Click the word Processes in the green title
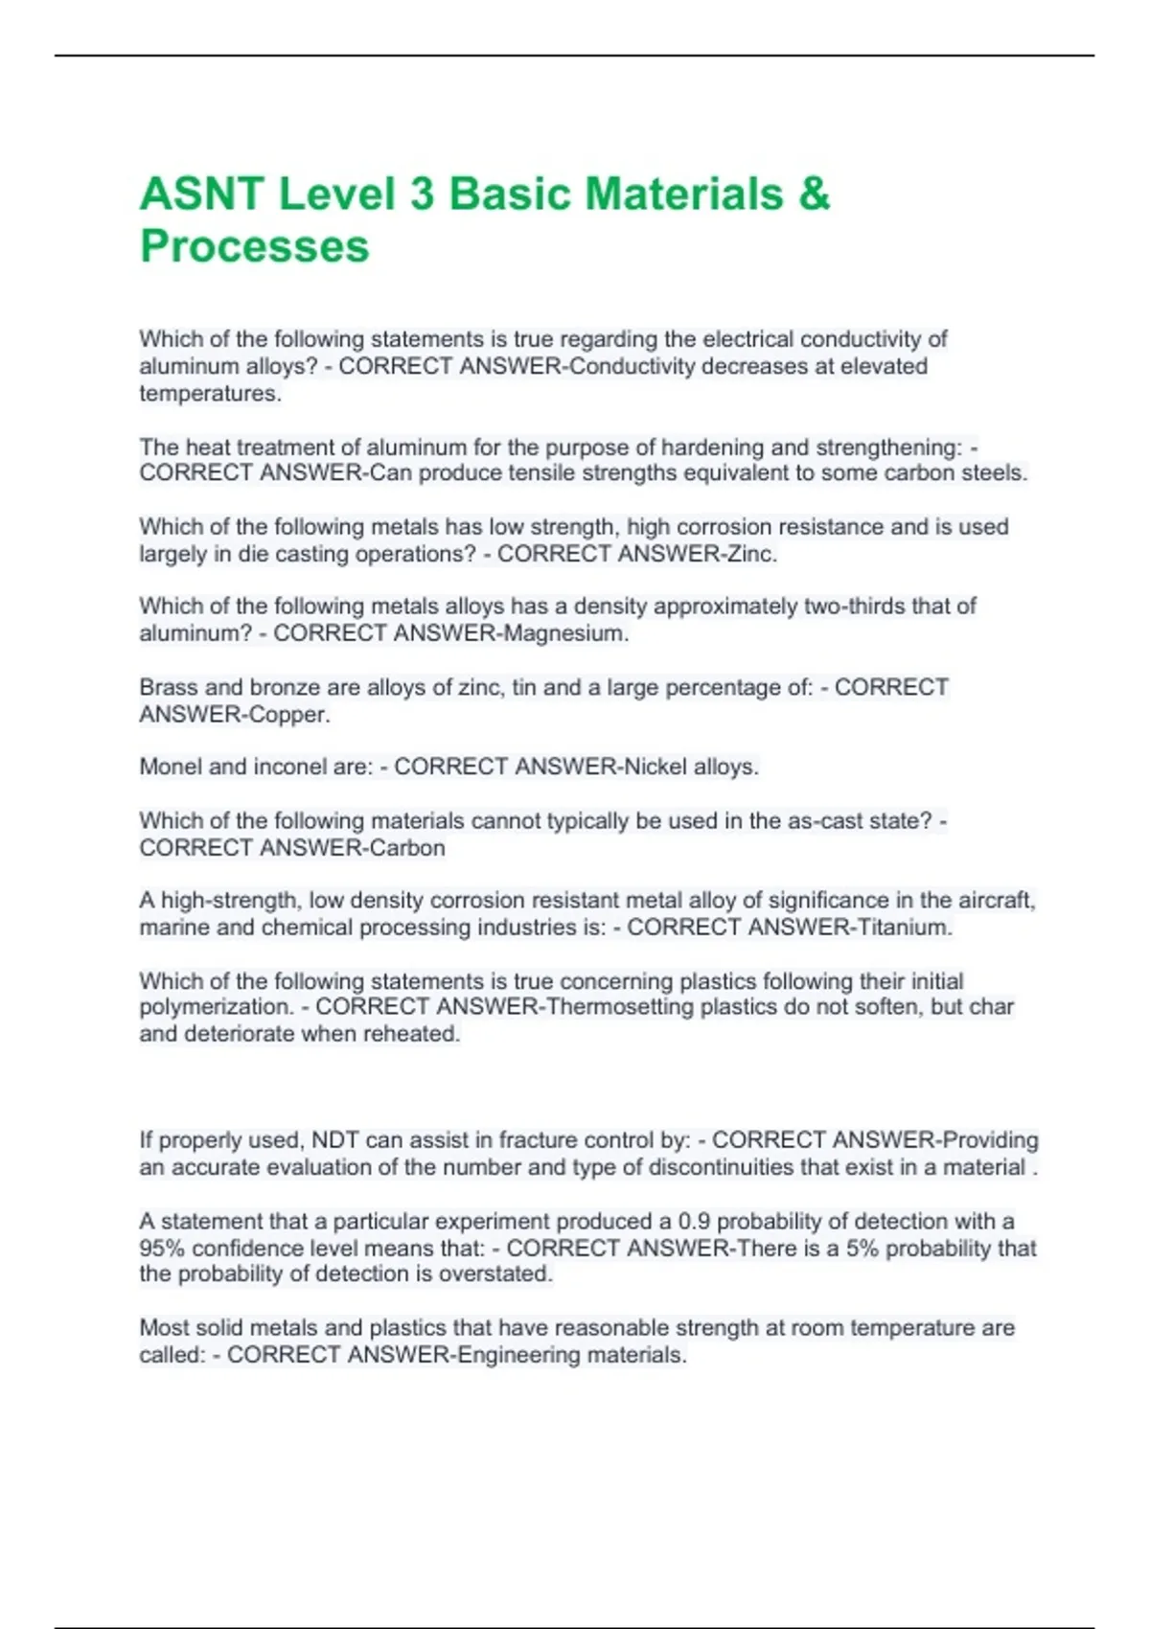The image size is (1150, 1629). (x=254, y=246)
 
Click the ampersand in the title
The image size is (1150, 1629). (x=813, y=194)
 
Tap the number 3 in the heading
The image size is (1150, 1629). (x=422, y=194)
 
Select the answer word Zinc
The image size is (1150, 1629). (x=751, y=554)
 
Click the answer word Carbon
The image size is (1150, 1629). (x=407, y=848)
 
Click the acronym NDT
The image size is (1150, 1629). (x=333, y=1140)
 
